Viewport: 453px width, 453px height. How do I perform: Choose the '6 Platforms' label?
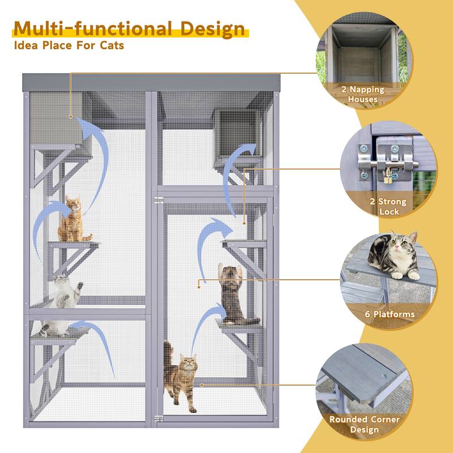pyautogui.click(x=390, y=314)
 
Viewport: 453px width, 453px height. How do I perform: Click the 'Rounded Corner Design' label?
pyautogui.click(x=364, y=425)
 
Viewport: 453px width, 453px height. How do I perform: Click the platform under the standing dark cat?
pyautogui.click(x=240, y=326)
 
